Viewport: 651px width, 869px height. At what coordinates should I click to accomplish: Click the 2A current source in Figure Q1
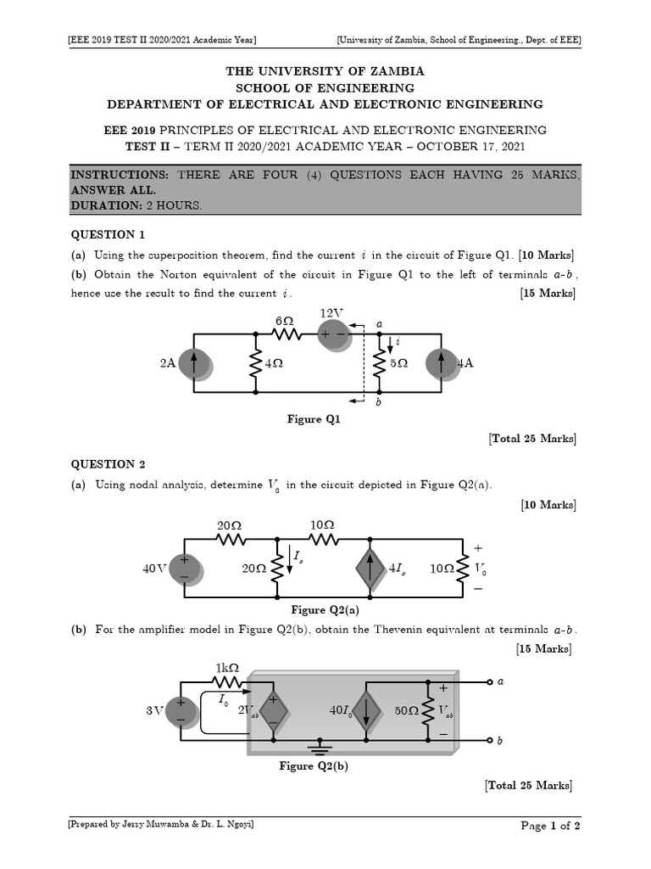pyautogui.click(x=194, y=363)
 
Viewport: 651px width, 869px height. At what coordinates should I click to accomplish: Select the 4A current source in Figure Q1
pyautogui.click(x=441, y=363)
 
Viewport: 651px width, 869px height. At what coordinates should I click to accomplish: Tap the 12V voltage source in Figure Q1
pyautogui.click(x=332, y=334)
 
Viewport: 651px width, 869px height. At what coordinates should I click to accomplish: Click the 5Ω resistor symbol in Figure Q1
pyautogui.click(x=379, y=363)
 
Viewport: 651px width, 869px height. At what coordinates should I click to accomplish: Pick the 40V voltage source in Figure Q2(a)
pyautogui.click(x=184, y=569)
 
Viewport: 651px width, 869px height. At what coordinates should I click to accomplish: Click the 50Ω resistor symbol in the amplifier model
pyautogui.click(x=428, y=710)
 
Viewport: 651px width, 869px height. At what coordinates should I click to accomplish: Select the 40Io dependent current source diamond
pyautogui.click(x=366, y=710)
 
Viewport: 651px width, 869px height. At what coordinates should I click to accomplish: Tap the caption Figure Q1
pyautogui.click(x=314, y=419)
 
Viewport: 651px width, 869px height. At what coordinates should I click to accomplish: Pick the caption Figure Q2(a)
pyautogui.click(x=319, y=610)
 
